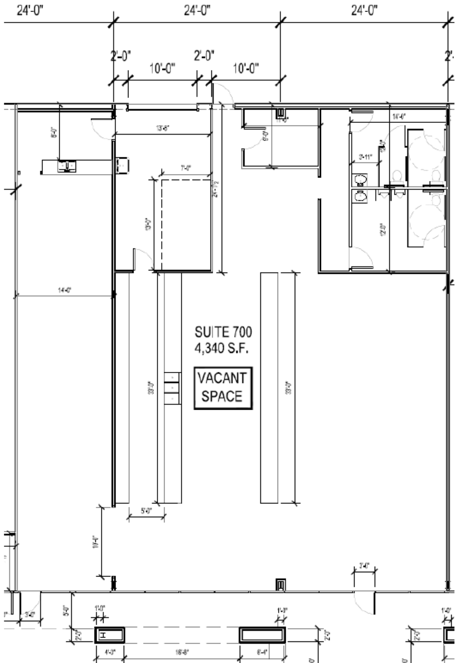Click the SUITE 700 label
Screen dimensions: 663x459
pos(223,332)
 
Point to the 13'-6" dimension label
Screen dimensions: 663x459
pos(163,129)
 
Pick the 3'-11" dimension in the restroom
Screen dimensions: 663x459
pos(365,156)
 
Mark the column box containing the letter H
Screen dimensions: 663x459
pos(110,635)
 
